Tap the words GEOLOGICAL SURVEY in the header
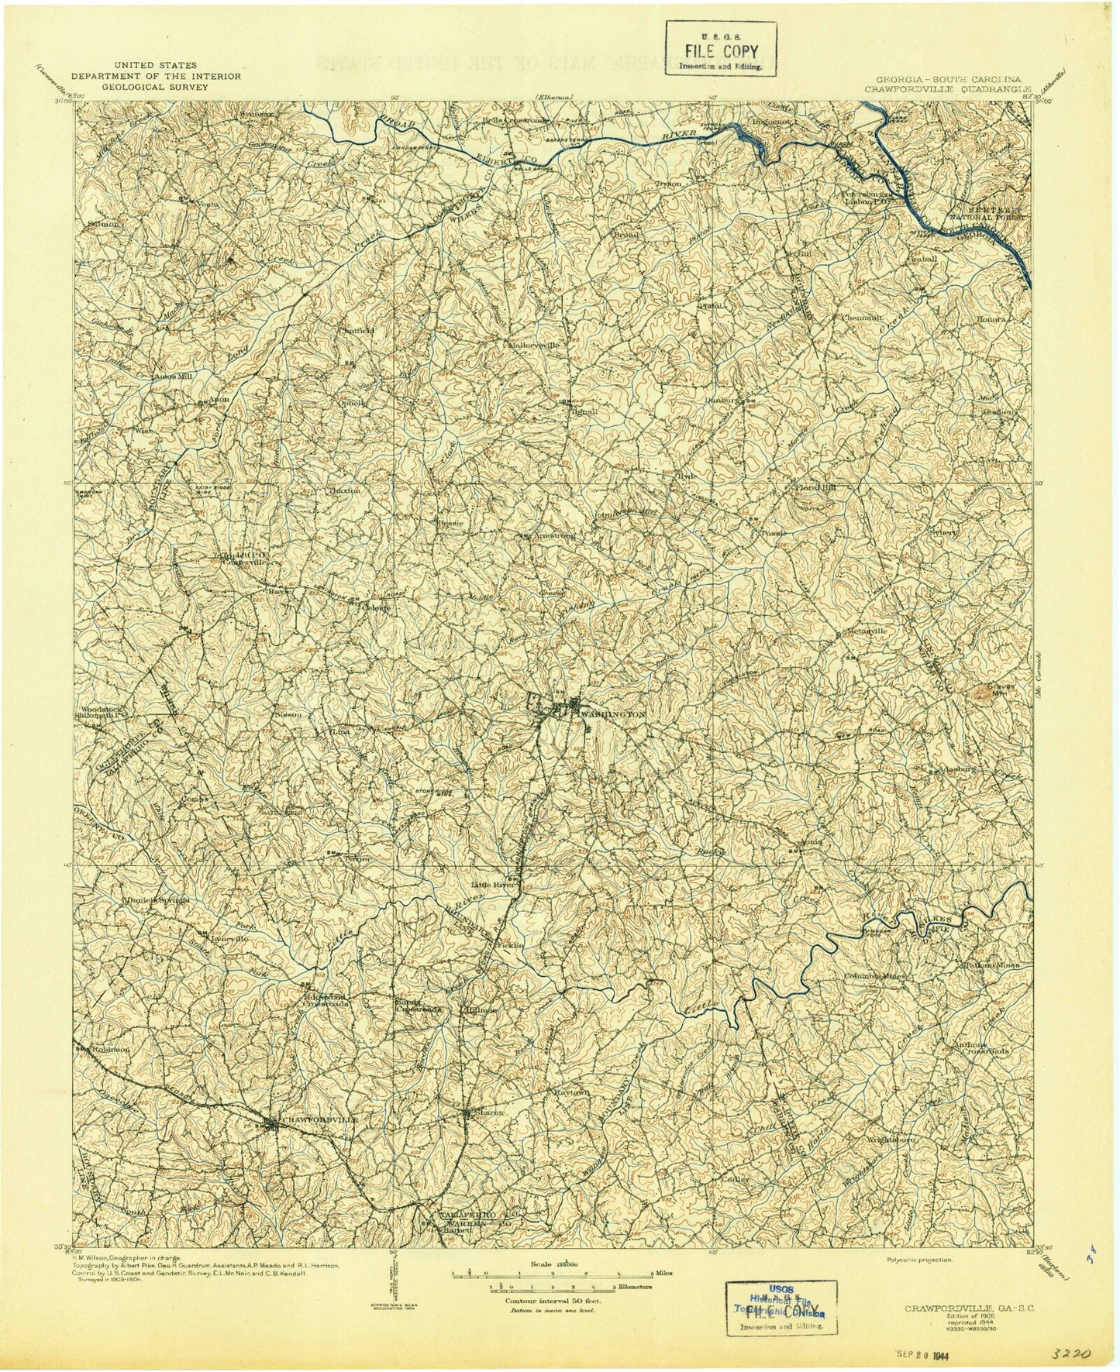pyautogui.click(x=155, y=88)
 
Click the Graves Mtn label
pyautogui.click(x=991, y=694)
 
